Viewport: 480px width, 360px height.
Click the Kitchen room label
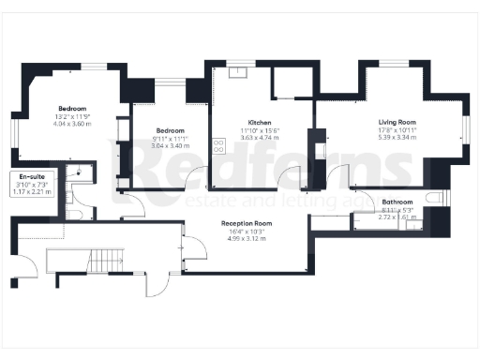tap(260, 123)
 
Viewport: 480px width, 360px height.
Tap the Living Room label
tap(397, 122)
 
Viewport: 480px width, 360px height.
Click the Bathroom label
tap(397, 202)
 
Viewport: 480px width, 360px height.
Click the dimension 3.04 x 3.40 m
tap(170, 145)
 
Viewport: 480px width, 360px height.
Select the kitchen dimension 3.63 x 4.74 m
tap(260, 138)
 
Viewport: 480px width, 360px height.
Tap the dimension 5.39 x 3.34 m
tap(397, 137)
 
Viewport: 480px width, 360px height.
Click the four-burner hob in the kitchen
tap(219, 145)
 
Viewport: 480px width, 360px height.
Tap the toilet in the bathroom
tap(434, 198)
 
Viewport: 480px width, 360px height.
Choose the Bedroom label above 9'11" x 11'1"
tap(170, 130)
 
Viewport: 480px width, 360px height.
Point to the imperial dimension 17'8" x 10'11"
tap(397, 129)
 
